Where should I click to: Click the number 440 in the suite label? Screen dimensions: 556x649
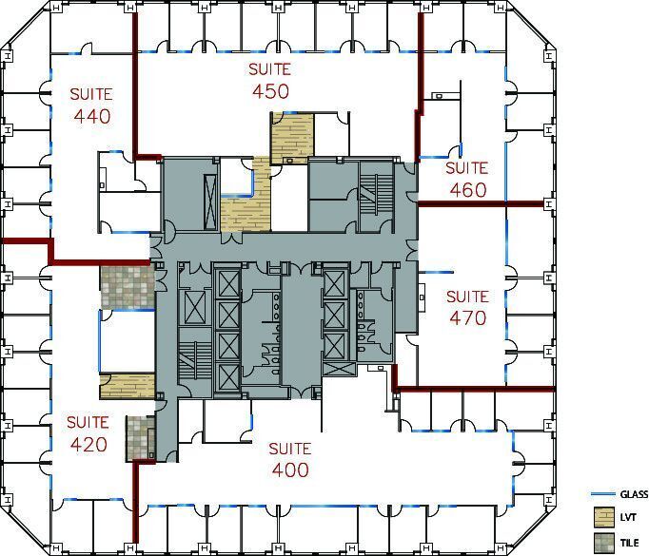click(92, 117)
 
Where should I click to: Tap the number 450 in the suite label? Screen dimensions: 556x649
click(270, 91)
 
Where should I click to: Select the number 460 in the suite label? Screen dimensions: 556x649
click(466, 190)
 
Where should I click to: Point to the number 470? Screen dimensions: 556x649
click(467, 318)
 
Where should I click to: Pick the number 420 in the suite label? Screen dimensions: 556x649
click(87, 445)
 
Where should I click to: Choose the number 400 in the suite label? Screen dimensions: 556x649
click(289, 470)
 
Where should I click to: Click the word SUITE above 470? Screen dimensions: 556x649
click(467, 297)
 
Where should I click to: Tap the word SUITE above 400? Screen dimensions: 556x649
click(289, 448)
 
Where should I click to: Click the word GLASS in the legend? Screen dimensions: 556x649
click(634, 494)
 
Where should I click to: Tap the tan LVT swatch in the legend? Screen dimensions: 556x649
click(602, 518)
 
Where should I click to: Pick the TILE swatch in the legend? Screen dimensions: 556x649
click(602, 542)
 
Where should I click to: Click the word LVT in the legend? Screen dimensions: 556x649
click(628, 518)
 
